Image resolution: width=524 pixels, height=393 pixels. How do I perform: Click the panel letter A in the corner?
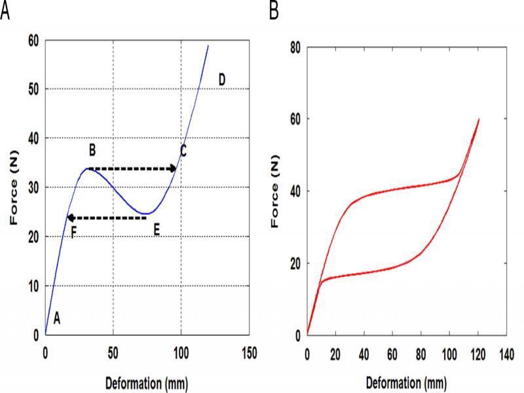[5, 11]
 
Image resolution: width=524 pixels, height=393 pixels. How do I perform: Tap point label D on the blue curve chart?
[222, 80]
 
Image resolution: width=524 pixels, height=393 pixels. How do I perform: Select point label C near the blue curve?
[184, 151]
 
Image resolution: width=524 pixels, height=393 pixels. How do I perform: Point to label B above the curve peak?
[92, 151]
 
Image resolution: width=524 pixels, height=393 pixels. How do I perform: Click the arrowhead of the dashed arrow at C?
[174, 169]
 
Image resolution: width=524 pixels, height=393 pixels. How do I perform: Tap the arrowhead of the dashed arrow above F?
[70, 217]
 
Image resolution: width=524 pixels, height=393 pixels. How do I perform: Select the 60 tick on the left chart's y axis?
[33, 41]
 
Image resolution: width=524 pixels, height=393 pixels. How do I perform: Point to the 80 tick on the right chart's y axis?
[295, 48]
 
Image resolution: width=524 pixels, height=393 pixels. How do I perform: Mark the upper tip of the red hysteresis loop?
[479, 119]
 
